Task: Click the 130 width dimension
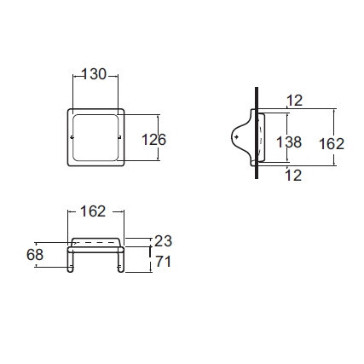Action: pos(95,75)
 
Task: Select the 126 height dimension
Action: pos(154,139)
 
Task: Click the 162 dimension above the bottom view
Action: pos(95,211)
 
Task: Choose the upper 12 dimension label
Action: pos(294,101)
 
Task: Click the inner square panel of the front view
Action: pos(95,138)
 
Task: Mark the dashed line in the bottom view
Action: pos(95,245)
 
